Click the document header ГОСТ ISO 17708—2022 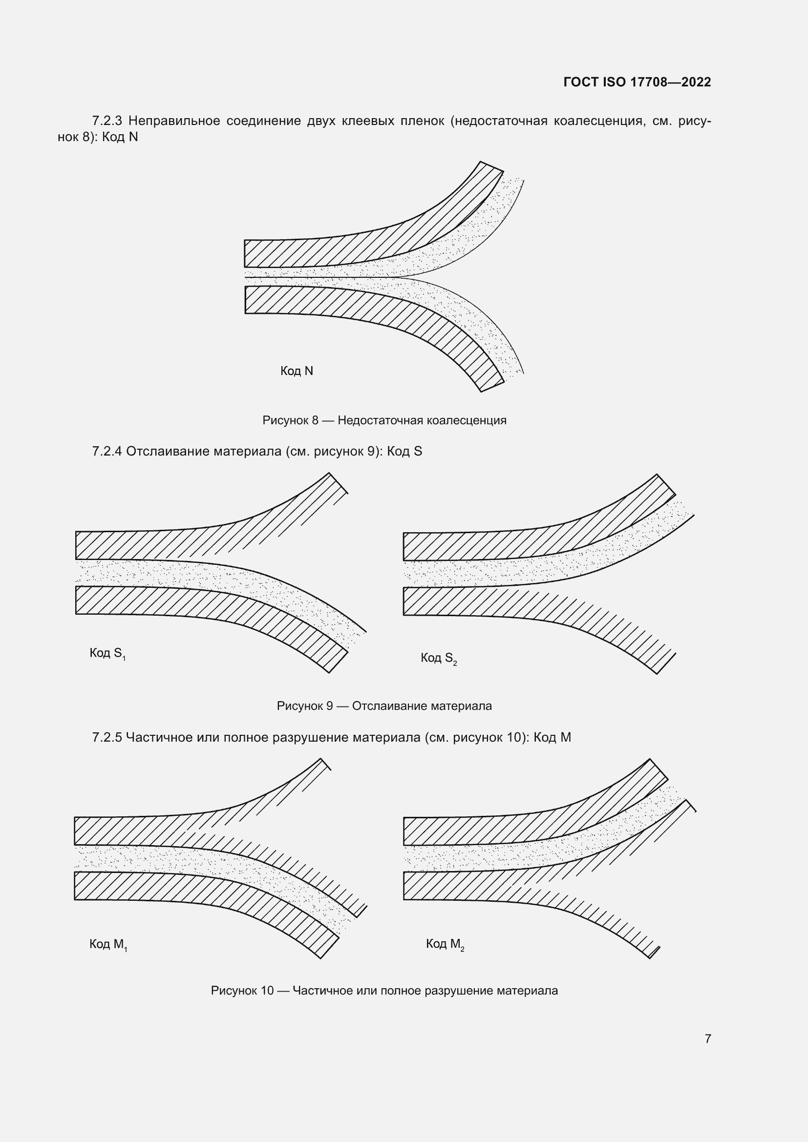tap(637, 82)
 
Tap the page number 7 tap(707, 1038)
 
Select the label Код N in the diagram tap(297, 371)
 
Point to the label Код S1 tap(107, 654)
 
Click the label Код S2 tap(438, 659)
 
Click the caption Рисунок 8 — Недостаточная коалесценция tap(384, 421)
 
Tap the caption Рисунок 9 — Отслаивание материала tap(384, 706)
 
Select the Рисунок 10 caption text tap(384, 991)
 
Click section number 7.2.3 tap(107, 121)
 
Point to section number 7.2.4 tap(107, 452)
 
